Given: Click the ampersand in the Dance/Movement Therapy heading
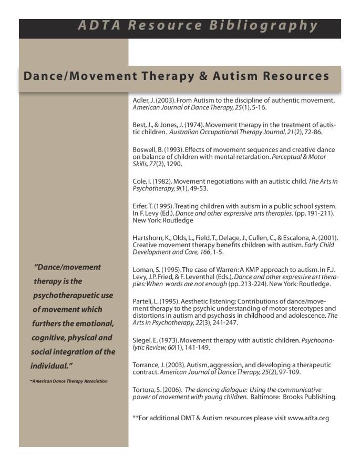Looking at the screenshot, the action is point(201,76).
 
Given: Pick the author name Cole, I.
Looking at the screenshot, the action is point(141,181).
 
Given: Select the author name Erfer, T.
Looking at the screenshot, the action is point(142,206).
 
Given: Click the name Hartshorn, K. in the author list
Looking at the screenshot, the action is point(150,238).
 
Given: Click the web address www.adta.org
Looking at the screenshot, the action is point(308,418).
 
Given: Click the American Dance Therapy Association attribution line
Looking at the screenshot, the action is point(69,381).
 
